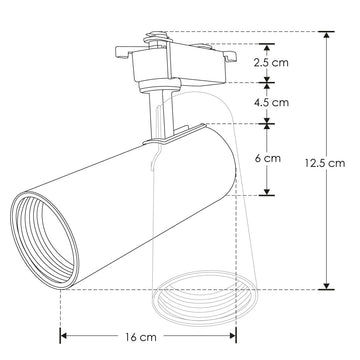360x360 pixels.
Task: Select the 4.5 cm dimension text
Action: (x=270, y=102)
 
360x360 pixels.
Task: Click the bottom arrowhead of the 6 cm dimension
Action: (x=269, y=191)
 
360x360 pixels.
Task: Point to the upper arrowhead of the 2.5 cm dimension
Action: (x=269, y=46)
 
